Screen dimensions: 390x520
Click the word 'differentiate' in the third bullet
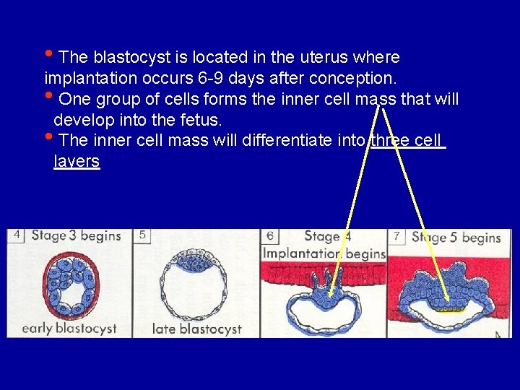tap(292, 139)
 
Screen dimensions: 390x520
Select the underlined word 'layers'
tap(77, 160)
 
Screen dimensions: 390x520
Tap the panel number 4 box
tap(17, 235)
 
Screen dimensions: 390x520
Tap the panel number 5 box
tap(142, 235)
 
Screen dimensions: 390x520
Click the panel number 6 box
tap(270, 236)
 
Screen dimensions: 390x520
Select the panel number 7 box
tap(396, 236)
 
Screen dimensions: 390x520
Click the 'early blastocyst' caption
tap(69, 328)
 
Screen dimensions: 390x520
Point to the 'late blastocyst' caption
tap(196, 329)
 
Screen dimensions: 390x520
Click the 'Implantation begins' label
tap(324, 253)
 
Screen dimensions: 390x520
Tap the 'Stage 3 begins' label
tap(76, 235)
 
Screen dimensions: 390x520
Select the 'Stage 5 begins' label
tap(456, 237)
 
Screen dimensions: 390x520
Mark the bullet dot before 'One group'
tap(48, 95)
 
